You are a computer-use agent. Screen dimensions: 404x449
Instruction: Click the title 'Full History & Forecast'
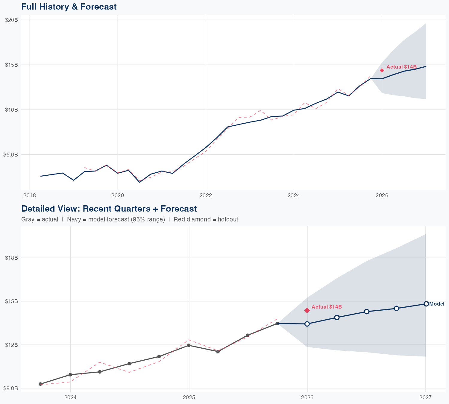click(69, 7)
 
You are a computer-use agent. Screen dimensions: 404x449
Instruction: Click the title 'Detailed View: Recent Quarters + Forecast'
click(109, 209)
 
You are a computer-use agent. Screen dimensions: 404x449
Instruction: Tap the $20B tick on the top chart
click(12, 20)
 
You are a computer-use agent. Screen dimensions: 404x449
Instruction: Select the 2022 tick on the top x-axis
click(206, 195)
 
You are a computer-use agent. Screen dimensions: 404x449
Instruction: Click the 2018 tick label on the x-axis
click(29, 195)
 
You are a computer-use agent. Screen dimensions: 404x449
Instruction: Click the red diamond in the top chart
click(382, 70)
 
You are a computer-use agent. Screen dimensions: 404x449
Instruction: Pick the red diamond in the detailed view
click(307, 310)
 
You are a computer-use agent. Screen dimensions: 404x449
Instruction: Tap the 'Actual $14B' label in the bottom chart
click(327, 307)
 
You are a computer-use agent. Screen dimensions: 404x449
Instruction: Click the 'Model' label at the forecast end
click(437, 304)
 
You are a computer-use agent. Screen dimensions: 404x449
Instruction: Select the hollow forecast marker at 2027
click(426, 304)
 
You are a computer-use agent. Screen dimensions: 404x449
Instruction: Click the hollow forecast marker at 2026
click(307, 324)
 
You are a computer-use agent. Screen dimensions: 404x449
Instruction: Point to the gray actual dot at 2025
click(189, 345)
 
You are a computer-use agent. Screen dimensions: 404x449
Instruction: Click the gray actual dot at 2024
click(70, 375)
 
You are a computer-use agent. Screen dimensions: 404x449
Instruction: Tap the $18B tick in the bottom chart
click(12, 258)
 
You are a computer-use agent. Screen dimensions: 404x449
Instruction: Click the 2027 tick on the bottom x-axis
click(425, 397)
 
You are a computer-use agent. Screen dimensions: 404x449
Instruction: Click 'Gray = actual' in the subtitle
click(40, 219)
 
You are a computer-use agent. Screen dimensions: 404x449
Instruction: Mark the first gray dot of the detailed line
click(40, 384)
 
